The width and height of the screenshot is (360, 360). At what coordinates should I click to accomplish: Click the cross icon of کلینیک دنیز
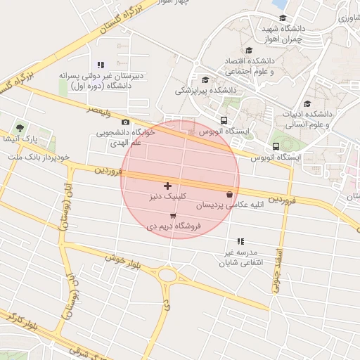click(167, 186)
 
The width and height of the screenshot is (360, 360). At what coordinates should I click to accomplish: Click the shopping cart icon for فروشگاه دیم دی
click(173, 215)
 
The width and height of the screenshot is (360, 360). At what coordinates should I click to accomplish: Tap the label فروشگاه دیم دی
click(173, 226)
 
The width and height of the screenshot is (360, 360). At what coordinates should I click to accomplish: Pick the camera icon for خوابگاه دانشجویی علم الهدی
click(125, 122)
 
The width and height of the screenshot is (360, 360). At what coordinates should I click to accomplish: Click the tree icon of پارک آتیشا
click(20, 129)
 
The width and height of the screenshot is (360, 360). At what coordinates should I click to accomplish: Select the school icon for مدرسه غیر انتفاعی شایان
click(241, 240)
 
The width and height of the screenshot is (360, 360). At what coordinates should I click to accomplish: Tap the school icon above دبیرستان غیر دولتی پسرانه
click(101, 65)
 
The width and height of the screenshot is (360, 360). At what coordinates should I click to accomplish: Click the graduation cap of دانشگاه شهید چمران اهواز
click(283, 18)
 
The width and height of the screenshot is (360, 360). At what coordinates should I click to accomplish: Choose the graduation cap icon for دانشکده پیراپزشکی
click(205, 79)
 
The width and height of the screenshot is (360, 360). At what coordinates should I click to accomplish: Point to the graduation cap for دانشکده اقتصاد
click(249, 50)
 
